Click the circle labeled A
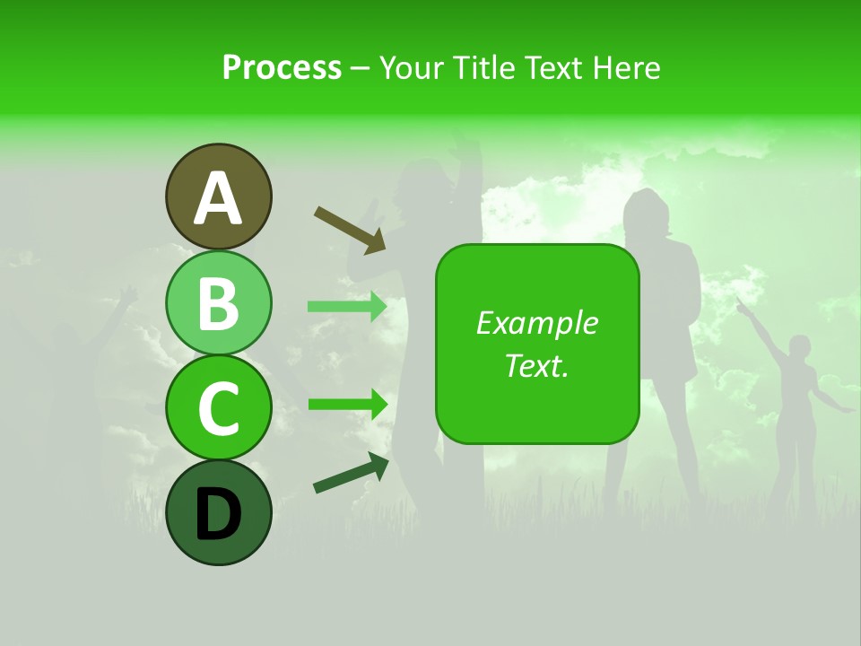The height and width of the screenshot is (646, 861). (218, 196)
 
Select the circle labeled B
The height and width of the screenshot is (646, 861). (218, 302)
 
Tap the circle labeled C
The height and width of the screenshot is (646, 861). (218, 407)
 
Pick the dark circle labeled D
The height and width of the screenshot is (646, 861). (218, 512)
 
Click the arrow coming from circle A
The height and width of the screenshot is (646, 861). (350, 230)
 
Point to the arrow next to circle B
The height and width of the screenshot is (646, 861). (347, 306)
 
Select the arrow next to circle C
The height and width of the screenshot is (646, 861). (347, 404)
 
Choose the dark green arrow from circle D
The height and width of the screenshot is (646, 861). (351, 474)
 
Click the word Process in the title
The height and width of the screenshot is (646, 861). (282, 67)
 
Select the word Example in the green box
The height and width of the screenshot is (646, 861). (536, 323)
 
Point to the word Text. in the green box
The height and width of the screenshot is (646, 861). (536, 365)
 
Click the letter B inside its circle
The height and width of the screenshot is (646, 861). (218, 302)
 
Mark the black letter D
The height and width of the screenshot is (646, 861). (218, 513)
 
